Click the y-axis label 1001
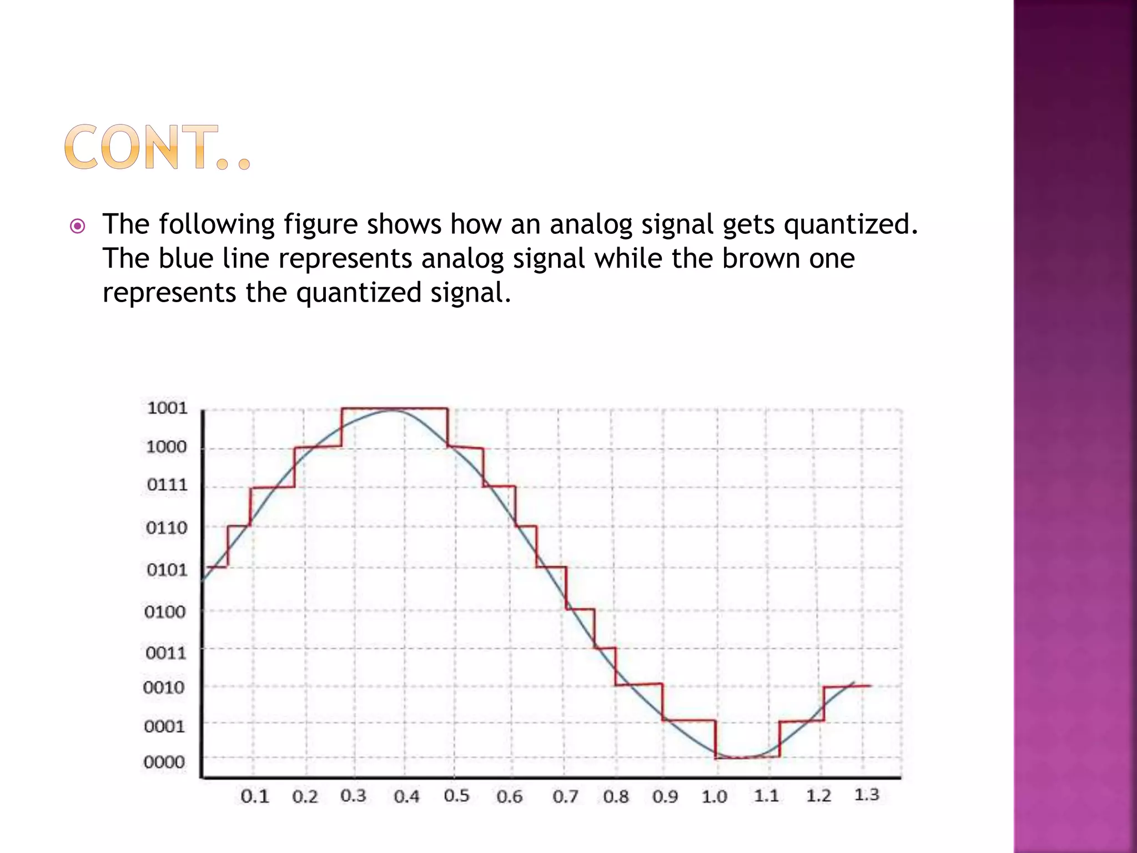[x=167, y=408]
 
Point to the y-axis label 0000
[x=164, y=761]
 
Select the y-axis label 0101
[x=167, y=569]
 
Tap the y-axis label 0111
[x=167, y=485]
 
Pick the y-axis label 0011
[x=165, y=652]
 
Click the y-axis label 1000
[x=166, y=446]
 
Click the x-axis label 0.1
[x=255, y=797]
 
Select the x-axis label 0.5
[x=456, y=796]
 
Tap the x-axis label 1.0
[x=714, y=797]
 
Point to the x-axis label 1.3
[x=866, y=795]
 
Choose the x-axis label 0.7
[x=565, y=797]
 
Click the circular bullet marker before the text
[x=78, y=226]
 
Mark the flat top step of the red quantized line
[x=394, y=408]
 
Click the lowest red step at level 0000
[x=747, y=757]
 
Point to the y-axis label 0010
[x=163, y=688]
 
